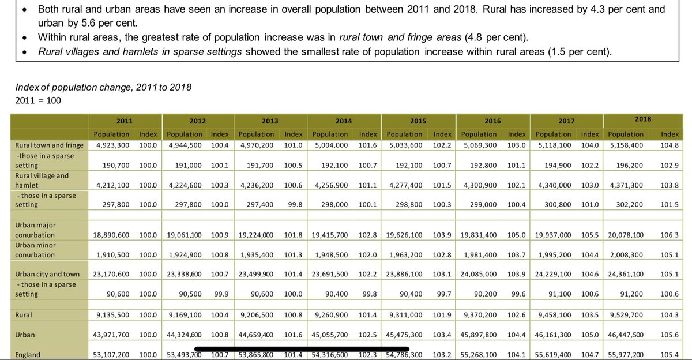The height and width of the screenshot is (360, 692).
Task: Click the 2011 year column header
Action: click(x=125, y=121)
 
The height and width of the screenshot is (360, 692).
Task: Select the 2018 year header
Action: click(x=642, y=119)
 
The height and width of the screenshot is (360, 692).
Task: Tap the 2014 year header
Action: click(x=344, y=121)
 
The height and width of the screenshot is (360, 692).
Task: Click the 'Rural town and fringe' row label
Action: click(x=50, y=145)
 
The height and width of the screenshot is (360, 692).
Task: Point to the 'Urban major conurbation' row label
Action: click(x=36, y=230)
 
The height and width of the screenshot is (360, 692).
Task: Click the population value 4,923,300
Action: click(x=113, y=145)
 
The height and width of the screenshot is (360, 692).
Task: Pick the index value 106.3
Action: click(x=669, y=235)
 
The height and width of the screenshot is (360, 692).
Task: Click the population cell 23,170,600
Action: click(x=113, y=274)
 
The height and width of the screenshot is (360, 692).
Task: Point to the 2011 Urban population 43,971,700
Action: click(x=113, y=335)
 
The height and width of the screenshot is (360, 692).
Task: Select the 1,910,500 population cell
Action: click(x=113, y=254)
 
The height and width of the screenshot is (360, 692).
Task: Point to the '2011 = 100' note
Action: click(x=38, y=100)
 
